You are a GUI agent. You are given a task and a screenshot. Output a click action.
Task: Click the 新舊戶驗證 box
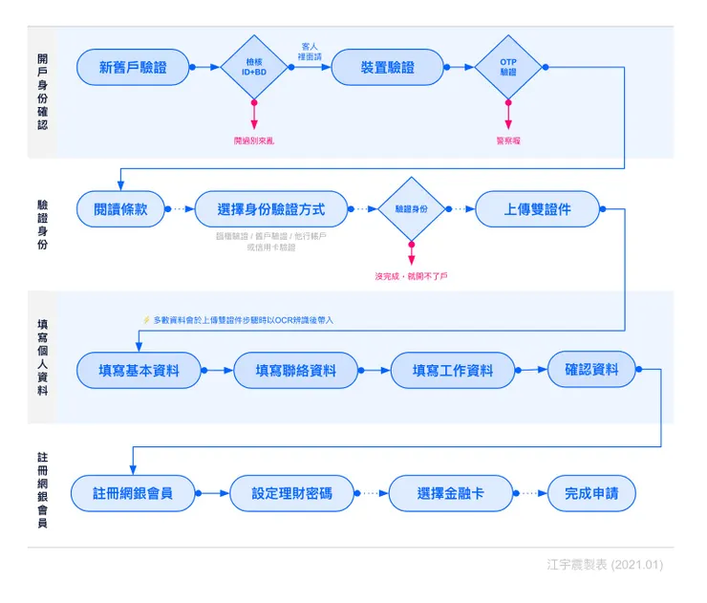(x=133, y=67)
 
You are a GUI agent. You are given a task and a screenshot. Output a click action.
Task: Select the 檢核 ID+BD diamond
(x=254, y=67)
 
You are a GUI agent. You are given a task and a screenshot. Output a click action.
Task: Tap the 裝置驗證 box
(x=387, y=67)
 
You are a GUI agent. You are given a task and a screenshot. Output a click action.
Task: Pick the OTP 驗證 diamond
(x=507, y=67)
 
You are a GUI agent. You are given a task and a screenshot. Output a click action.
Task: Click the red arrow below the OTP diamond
(x=507, y=116)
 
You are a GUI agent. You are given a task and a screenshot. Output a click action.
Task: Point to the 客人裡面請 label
(x=310, y=51)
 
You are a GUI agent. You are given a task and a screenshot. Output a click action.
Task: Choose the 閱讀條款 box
(x=120, y=209)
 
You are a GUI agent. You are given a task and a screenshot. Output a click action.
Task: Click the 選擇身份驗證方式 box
(x=270, y=209)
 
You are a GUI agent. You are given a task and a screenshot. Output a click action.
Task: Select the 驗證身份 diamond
(x=412, y=208)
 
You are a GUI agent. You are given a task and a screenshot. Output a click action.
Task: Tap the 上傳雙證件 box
(x=537, y=209)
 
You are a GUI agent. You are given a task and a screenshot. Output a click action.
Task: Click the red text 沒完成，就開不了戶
(x=412, y=276)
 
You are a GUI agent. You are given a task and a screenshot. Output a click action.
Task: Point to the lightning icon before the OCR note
(x=146, y=320)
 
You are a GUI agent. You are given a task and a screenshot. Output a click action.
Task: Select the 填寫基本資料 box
(x=139, y=371)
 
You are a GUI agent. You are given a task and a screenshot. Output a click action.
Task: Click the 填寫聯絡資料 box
(x=295, y=371)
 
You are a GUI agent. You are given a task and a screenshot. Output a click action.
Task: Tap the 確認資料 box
(x=591, y=369)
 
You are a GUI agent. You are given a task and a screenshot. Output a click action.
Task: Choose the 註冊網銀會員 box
(x=133, y=493)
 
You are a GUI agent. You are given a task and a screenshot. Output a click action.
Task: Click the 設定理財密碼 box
(x=291, y=493)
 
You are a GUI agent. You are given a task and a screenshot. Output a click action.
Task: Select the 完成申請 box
(x=590, y=493)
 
